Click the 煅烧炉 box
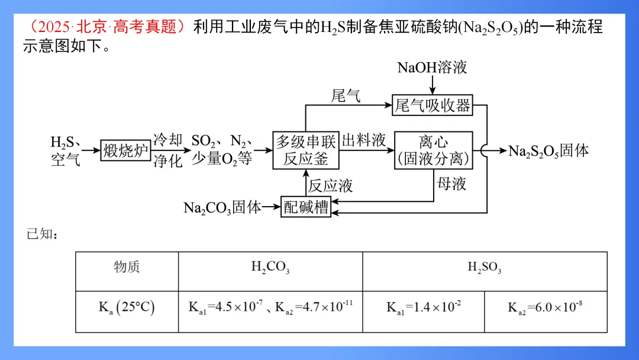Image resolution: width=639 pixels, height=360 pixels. coord(125,151)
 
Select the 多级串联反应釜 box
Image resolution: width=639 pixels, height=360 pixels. coord(306,150)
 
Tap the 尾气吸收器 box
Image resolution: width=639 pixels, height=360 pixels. coord(432,105)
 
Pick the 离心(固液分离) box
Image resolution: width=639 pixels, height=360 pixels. coord(434,150)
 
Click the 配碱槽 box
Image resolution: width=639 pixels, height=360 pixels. coord(305,207)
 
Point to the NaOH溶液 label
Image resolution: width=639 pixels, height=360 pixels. coord(432,67)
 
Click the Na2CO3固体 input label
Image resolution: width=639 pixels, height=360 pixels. coord(222,207)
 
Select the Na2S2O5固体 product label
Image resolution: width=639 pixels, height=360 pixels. coord(548,151)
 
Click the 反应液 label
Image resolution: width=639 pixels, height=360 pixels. coord(330,186)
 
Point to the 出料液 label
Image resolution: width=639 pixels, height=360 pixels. coord(364,141)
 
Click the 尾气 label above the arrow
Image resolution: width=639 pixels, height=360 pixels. coord(346,96)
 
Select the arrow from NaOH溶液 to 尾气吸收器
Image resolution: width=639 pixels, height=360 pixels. coord(432,85)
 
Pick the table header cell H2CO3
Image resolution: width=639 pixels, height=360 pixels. coord(270,268)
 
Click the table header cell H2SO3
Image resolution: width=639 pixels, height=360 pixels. coord(485,268)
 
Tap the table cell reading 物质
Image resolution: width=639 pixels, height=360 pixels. coord(127,267)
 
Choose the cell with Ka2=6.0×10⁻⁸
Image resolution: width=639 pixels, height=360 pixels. coord(546,307)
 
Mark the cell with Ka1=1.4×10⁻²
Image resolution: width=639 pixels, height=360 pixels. coord(424,307)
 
